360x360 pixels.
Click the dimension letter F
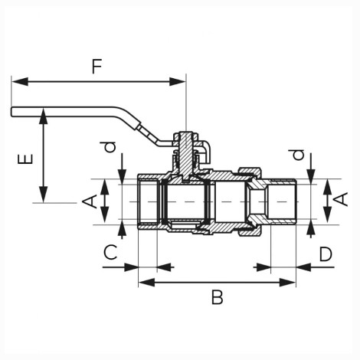(x=97, y=67)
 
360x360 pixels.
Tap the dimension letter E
(x=25, y=159)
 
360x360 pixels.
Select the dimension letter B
(x=218, y=297)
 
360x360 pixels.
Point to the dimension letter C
(x=110, y=252)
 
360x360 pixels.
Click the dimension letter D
(x=326, y=254)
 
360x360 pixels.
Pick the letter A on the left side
(x=90, y=201)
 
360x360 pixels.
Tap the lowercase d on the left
(x=108, y=147)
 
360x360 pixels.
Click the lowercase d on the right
(x=296, y=155)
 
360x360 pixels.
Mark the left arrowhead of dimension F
(x=20, y=82)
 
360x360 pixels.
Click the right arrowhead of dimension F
(x=177, y=82)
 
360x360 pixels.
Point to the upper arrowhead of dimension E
(x=44, y=116)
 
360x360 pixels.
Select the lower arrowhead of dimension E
(x=44, y=195)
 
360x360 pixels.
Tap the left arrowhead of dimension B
(x=146, y=283)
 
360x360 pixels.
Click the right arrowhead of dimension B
(x=287, y=283)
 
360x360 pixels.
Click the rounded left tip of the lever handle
(x=11, y=112)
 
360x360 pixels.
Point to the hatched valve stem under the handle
(x=185, y=155)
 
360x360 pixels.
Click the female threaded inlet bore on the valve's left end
(x=148, y=201)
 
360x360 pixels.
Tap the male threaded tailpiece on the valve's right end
(x=281, y=201)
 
